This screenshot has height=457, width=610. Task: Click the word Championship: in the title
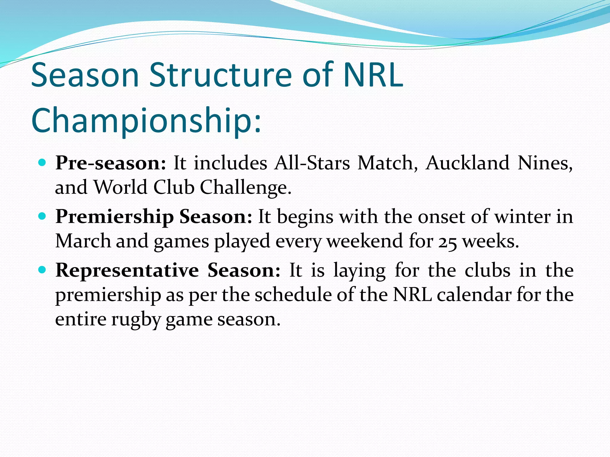click(146, 120)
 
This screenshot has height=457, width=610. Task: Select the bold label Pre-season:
click(111, 163)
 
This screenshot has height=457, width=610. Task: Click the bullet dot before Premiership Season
click(43, 216)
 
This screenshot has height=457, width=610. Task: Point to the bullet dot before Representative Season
click(43, 270)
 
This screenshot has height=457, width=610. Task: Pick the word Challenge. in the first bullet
click(245, 187)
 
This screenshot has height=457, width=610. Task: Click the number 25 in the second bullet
click(447, 242)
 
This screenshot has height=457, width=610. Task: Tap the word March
click(83, 241)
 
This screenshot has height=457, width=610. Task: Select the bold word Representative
click(127, 270)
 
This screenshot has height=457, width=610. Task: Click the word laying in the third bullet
click(360, 271)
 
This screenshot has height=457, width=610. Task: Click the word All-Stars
click(312, 163)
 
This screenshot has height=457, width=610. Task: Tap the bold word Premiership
click(115, 217)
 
